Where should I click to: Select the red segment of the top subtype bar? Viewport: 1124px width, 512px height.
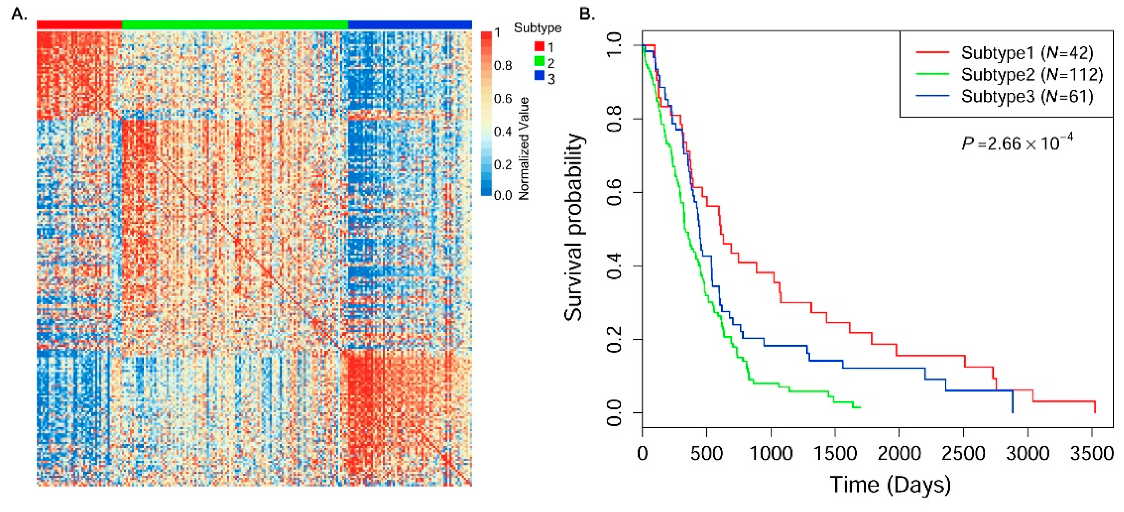[x=79, y=25]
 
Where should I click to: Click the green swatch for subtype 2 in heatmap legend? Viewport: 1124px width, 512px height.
[x=539, y=61]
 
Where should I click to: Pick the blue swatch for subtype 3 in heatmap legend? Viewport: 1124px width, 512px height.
[x=539, y=76]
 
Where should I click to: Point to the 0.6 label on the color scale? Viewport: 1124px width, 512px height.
[x=503, y=99]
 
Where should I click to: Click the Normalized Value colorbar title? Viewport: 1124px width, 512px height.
[x=524, y=148]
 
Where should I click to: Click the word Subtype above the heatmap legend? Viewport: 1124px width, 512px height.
[x=537, y=28]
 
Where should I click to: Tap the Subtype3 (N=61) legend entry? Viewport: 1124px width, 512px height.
[x=1026, y=96]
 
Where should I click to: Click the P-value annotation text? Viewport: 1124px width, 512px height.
[x=1017, y=142]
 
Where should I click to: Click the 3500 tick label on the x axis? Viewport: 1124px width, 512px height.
[x=1092, y=453]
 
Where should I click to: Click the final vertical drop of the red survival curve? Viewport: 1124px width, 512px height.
[x=1095, y=407]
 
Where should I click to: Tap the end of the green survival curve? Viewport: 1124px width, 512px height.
[x=859, y=407]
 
